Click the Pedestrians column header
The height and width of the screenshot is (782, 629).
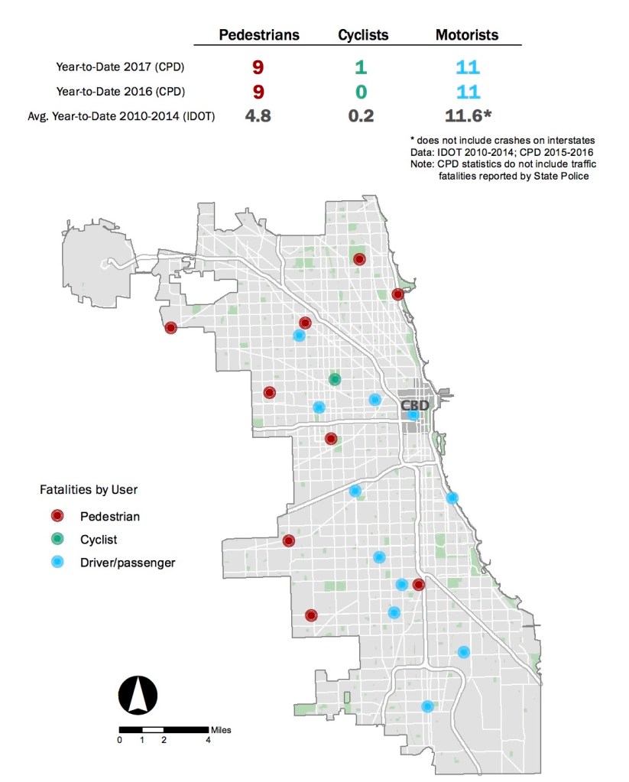[x=259, y=35]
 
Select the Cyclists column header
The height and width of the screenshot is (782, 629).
[x=363, y=35]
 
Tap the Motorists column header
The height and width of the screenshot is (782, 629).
[x=467, y=35]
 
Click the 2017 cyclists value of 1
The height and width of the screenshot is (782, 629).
[x=360, y=68]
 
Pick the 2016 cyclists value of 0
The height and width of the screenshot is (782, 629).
[x=360, y=92]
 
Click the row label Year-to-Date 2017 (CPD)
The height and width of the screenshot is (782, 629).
[x=120, y=67]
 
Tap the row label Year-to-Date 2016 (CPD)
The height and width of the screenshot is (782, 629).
[x=120, y=92]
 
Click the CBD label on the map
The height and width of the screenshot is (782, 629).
[x=415, y=405]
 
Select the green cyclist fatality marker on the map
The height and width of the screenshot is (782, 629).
[x=335, y=379]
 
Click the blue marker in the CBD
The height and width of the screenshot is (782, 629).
[x=413, y=415]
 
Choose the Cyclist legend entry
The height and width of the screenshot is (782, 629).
[x=99, y=540]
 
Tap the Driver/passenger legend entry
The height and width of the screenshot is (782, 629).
[x=128, y=563]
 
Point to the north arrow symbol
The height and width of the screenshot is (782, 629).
[x=138, y=695]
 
